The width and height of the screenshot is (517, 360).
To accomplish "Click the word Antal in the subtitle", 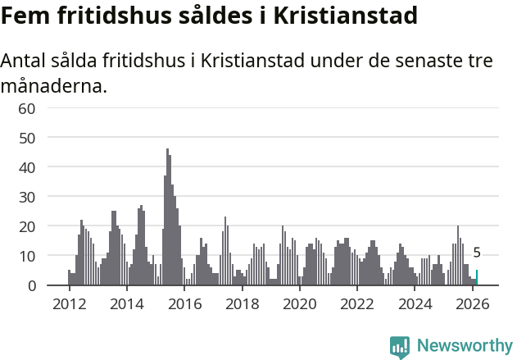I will [x=25, y=62].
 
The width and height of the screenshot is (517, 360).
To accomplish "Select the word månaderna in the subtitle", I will [x=53, y=85].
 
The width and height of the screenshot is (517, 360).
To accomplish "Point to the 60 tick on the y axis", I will [x=26, y=108].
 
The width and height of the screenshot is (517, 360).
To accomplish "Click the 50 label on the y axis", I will [x=26, y=138].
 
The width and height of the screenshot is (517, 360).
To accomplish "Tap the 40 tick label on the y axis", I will [x=26, y=167].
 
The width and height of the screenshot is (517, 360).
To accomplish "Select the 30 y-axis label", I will [x=26, y=197].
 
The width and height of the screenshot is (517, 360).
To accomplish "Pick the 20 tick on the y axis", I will [x=26, y=226].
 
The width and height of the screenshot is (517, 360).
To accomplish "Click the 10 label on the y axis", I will [x=26, y=256].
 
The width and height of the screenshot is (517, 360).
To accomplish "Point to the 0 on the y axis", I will [x=31, y=285].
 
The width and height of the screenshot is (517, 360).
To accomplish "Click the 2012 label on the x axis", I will [x=69, y=303].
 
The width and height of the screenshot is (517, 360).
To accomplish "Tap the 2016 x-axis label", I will [x=184, y=303].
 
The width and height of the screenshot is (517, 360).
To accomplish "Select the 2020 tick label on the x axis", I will [x=300, y=303].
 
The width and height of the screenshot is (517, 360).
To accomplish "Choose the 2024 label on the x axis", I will [x=415, y=303].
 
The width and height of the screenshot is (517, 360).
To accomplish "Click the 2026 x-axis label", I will [x=473, y=303].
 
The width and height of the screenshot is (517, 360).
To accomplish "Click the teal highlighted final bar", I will [x=477, y=278].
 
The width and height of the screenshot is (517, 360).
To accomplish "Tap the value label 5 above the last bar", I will [x=477, y=253].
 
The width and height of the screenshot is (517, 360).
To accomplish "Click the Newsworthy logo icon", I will [x=400, y=347].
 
